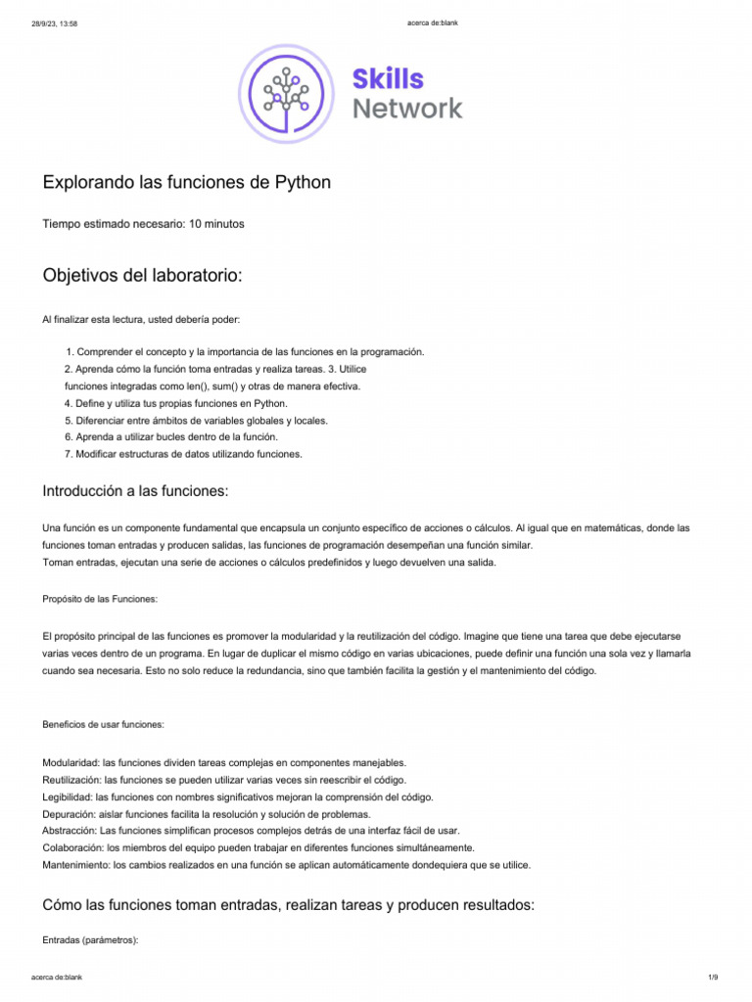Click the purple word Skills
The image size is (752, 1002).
pos(389,79)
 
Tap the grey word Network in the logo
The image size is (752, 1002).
pos(407,109)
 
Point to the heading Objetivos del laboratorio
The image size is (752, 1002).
pos(142,276)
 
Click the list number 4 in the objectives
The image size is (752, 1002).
pos(68,403)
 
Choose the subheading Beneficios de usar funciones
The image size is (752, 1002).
pos(104,725)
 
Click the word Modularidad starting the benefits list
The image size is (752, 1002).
pos(70,762)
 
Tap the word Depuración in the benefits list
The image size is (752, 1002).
pos(70,814)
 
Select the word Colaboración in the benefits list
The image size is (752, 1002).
pos(72,847)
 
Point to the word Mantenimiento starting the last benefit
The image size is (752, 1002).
pos(75,865)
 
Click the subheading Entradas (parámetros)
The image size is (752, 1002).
pos(91,940)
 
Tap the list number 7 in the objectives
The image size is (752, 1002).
pos(68,454)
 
